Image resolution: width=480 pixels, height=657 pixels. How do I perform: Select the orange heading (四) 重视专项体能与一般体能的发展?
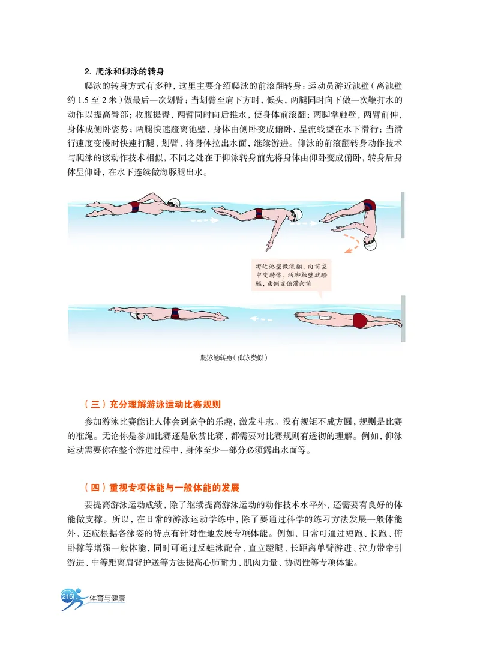click(x=166, y=488)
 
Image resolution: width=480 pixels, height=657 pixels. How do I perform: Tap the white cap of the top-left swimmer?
click(x=174, y=203)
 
